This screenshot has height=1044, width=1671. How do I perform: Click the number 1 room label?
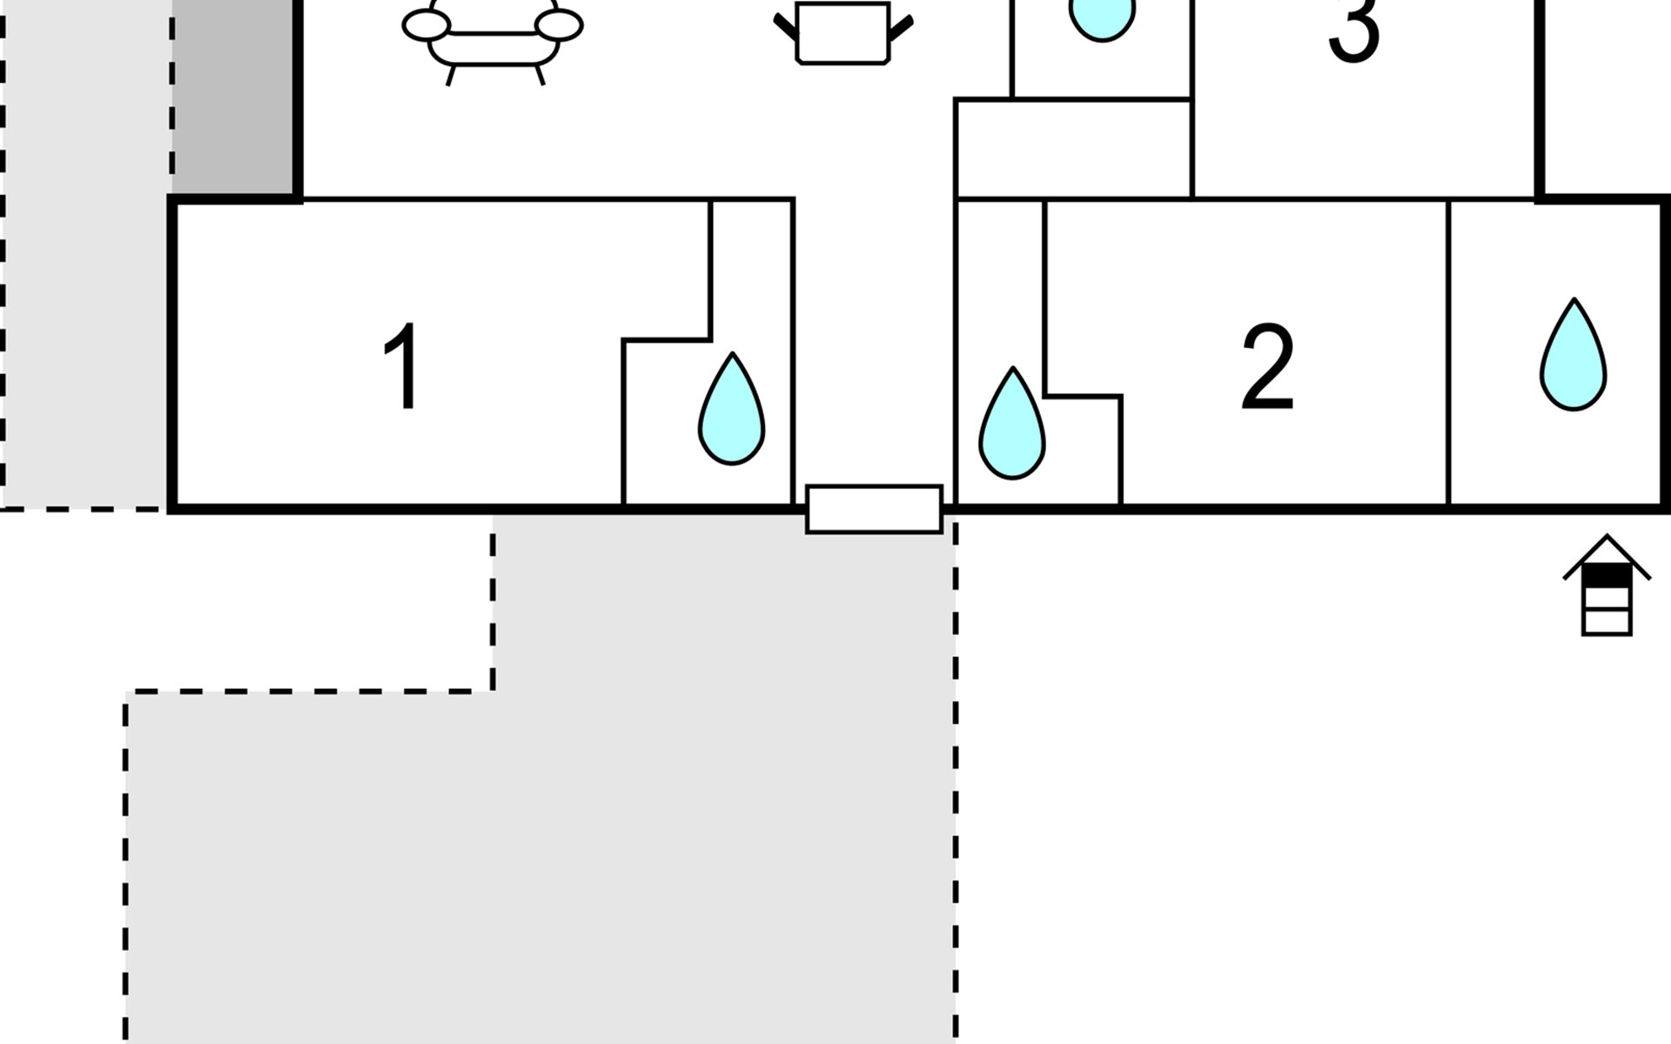click(x=402, y=366)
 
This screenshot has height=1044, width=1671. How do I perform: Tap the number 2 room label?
click(x=1267, y=366)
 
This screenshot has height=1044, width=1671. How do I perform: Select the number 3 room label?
click(x=1354, y=30)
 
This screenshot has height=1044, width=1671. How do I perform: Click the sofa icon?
click(x=493, y=39)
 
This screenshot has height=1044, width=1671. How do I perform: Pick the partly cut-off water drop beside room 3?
click(x=1102, y=17)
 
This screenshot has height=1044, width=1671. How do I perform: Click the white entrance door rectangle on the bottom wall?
click(x=874, y=509)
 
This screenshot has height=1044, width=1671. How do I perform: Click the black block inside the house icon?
click(x=1606, y=575)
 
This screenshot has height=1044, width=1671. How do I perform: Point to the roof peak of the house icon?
click(x=1607, y=538)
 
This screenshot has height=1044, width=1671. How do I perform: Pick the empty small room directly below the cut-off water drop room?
click(x=1073, y=149)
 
